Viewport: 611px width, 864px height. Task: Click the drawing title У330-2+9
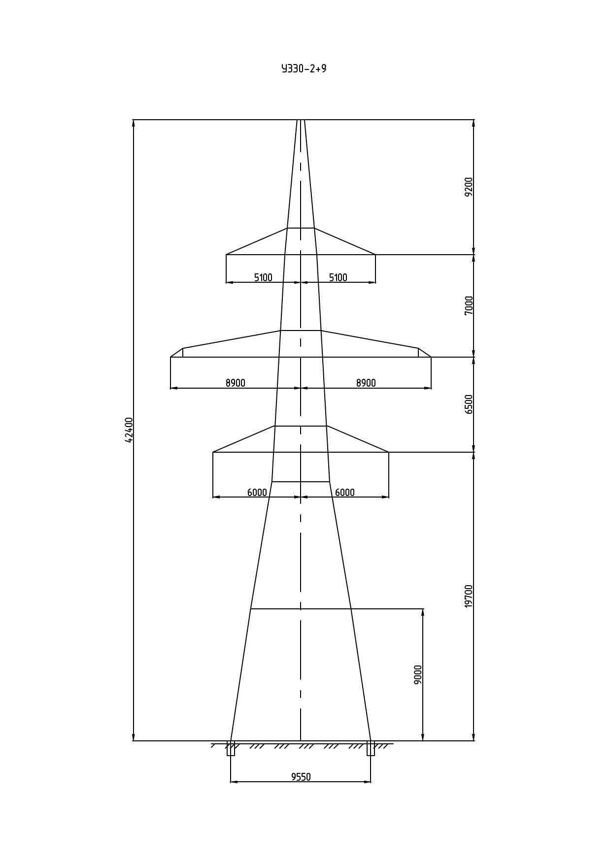pos(304,68)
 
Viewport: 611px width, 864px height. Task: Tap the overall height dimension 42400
pos(129,430)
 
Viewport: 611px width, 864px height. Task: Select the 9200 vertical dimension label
pos(469,187)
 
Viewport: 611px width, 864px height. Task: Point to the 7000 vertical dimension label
pos(469,305)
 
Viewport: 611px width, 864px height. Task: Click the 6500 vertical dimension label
pos(469,404)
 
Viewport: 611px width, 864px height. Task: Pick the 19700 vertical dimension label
pos(469,596)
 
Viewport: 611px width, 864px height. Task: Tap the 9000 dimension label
pos(418,674)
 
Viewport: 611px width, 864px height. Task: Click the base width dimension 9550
pos(301,777)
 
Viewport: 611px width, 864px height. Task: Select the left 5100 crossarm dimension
pos(263,277)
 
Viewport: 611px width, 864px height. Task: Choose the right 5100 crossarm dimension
pos(338,277)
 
